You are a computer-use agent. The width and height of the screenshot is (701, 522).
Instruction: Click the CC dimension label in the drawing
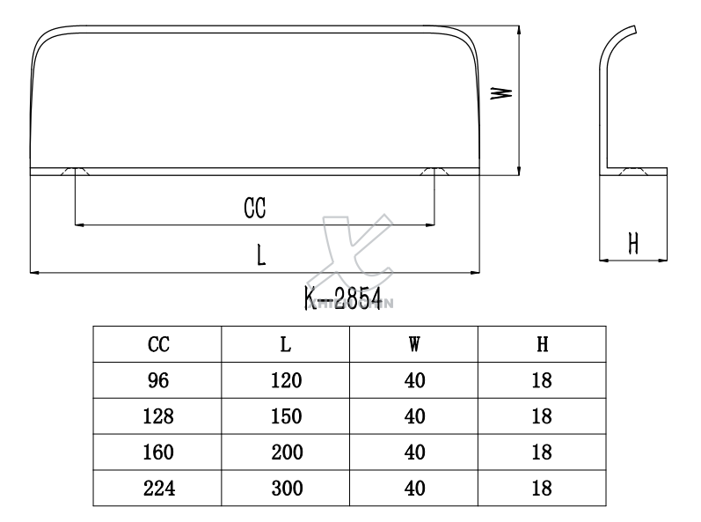(255, 208)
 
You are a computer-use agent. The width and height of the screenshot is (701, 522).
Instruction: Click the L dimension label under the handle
(261, 255)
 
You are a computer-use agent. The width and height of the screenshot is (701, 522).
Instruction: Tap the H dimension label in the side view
(632, 244)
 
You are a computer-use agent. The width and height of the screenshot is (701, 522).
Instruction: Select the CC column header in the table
(157, 345)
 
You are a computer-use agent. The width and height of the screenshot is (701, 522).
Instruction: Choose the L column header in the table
(286, 345)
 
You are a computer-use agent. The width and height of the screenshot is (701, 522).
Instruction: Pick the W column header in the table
(414, 345)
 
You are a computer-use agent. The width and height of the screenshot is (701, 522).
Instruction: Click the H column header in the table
(543, 345)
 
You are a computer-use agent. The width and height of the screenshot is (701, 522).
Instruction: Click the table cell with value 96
(157, 381)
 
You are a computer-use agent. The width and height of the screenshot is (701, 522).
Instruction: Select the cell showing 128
(157, 416)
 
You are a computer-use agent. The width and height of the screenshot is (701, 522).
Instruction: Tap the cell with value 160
(157, 452)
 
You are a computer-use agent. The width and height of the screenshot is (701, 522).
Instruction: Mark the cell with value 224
(157, 489)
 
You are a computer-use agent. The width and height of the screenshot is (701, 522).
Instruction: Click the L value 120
(286, 381)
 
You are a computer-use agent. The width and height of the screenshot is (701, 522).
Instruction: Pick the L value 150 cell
(286, 416)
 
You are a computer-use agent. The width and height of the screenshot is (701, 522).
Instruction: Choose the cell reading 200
(286, 452)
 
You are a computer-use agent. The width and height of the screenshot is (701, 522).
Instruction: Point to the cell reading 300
(286, 489)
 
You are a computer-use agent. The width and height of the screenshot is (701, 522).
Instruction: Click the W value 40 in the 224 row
(414, 489)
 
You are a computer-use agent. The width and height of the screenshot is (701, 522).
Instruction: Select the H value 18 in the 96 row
(543, 381)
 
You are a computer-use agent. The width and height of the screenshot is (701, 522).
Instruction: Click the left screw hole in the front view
(76, 171)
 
